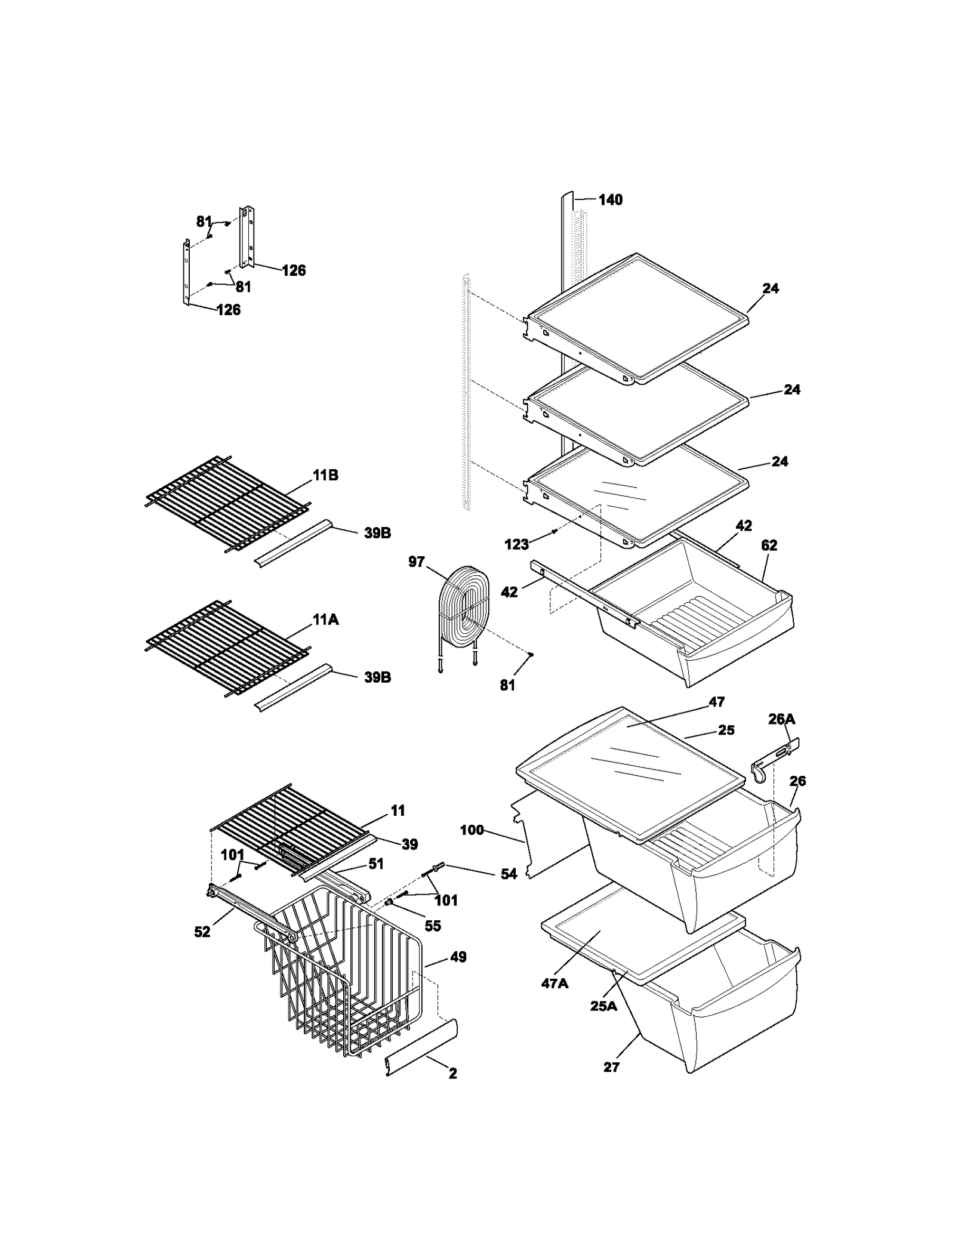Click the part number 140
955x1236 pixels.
pyautogui.click(x=610, y=200)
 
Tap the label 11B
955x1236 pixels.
pyautogui.click(x=325, y=475)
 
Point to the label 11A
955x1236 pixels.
pyautogui.click(x=325, y=619)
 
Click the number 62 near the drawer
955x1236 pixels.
pyautogui.click(x=769, y=545)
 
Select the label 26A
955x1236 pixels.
pyautogui.click(x=781, y=719)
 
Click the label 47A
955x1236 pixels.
pyautogui.click(x=554, y=984)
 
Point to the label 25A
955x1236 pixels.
pyautogui.click(x=603, y=1006)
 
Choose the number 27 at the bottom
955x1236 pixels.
pyautogui.click(x=611, y=1067)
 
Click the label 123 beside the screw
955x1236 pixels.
pyautogui.click(x=516, y=544)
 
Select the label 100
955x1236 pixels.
pyautogui.click(x=472, y=830)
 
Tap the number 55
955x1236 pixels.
pyautogui.click(x=432, y=926)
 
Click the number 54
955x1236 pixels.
pyautogui.click(x=509, y=874)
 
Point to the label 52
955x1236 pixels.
pyautogui.click(x=202, y=932)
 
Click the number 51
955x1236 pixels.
pyautogui.click(x=376, y=864)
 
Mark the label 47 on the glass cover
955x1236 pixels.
pyautogui.click(x=716, y=702)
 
